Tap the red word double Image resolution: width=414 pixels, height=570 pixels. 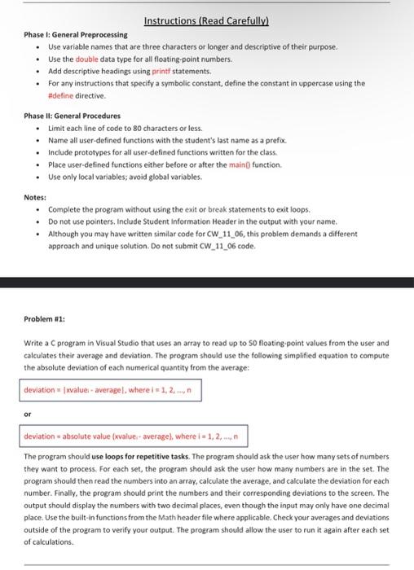[x=88, y=59]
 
